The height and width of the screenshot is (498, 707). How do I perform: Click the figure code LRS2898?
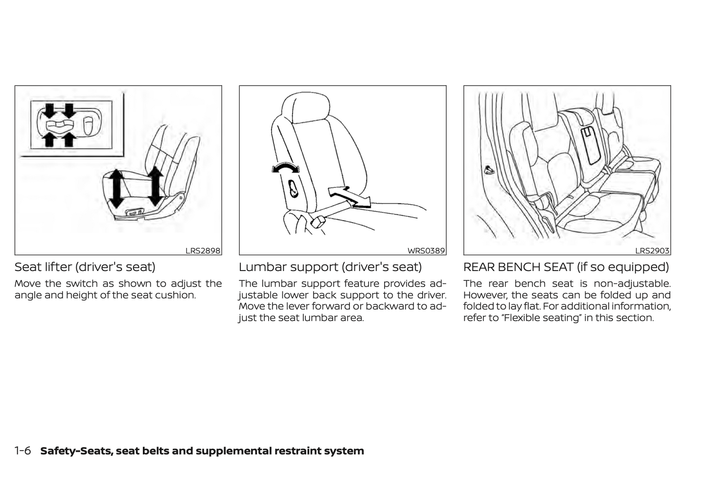[203, 251]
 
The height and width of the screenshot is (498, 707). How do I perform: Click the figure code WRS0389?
[426, 251]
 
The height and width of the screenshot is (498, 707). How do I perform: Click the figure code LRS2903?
[652, 251]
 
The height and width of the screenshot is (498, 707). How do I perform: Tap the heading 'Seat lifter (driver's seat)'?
[85, 267]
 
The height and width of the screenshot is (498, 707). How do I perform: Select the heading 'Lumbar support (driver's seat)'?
[330, 267]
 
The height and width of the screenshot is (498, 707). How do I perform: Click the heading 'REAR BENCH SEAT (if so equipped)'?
[566, 267]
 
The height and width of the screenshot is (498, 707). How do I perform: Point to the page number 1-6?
[23, 451]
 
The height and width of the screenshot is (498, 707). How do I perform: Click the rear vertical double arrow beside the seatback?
[155, 186]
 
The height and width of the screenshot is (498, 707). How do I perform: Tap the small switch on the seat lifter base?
[135, 212]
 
